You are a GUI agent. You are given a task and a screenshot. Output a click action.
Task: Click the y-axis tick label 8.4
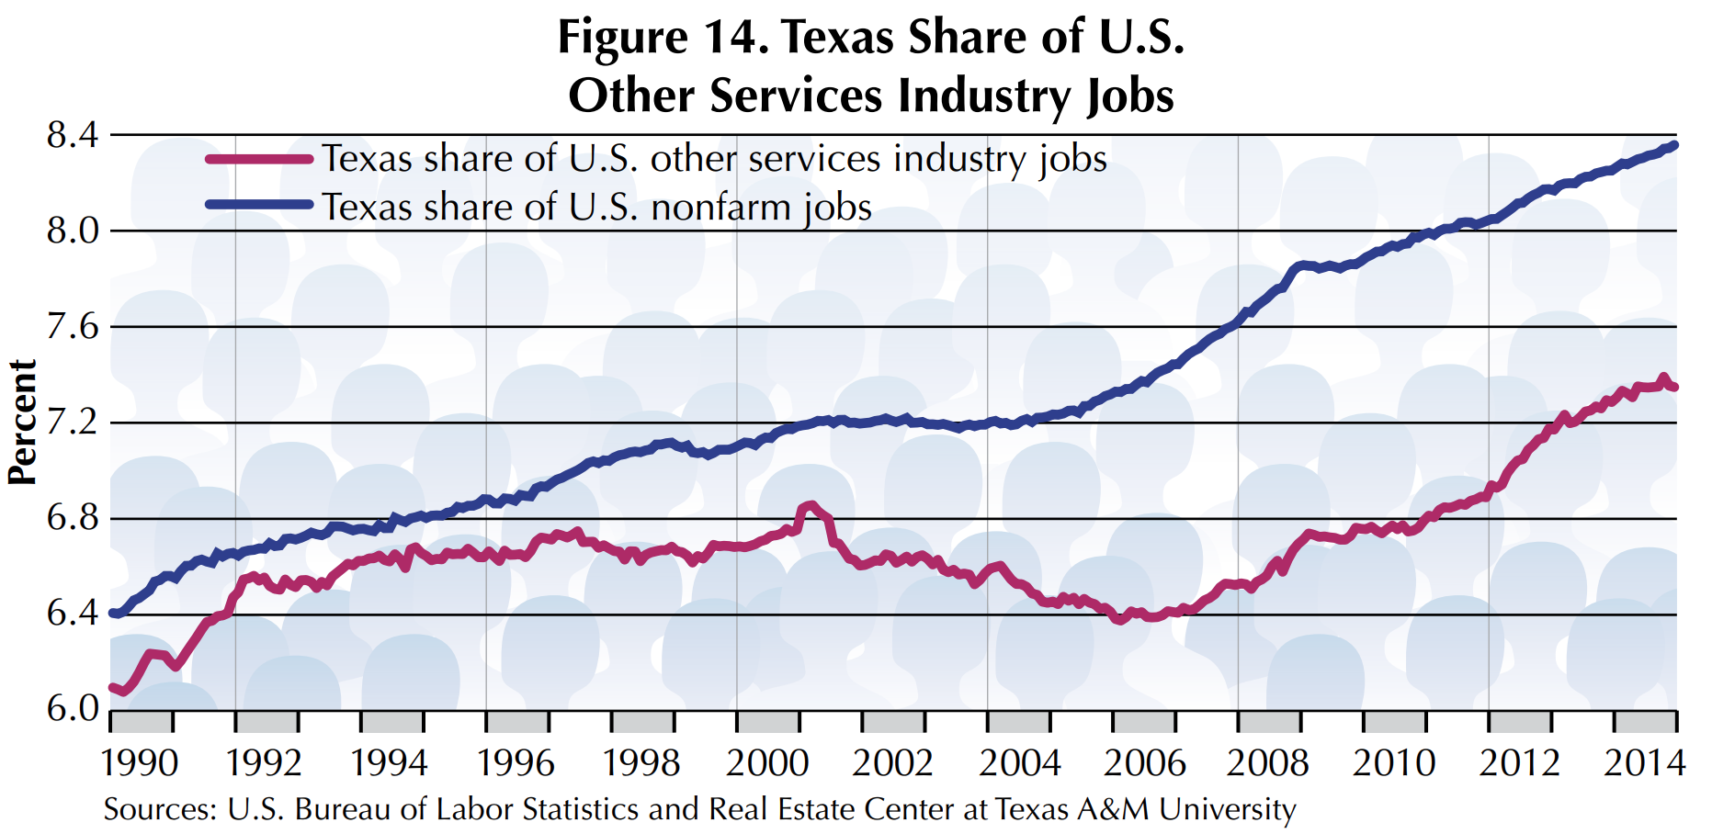(72, 136)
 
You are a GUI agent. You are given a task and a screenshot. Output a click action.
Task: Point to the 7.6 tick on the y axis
(72, 327)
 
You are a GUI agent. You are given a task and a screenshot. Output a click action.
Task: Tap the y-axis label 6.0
(72, 709)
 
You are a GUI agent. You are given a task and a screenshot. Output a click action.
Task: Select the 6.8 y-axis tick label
(72, 518)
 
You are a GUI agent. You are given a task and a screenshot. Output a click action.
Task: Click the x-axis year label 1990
(140, 763)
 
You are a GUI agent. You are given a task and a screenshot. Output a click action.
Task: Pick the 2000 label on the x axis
(766, 763)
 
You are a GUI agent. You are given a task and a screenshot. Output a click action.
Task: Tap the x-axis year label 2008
(1267, 763)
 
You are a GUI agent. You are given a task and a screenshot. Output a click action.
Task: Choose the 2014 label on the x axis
(1644, 763)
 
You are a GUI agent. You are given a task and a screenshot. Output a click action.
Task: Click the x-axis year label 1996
(516, 763)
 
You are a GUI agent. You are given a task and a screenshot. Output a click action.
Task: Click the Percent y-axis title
(22, 422)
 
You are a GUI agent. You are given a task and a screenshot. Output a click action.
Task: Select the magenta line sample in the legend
(259, 160)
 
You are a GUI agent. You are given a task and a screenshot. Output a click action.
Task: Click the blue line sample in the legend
(259, 205)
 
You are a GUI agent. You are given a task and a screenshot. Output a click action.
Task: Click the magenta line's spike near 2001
(810, 505)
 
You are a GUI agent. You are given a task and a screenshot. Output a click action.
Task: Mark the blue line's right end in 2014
(1674, 145)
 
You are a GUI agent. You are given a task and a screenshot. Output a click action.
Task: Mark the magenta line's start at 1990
(112, 687)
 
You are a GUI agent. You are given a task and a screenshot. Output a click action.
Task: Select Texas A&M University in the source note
(1145, 809)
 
